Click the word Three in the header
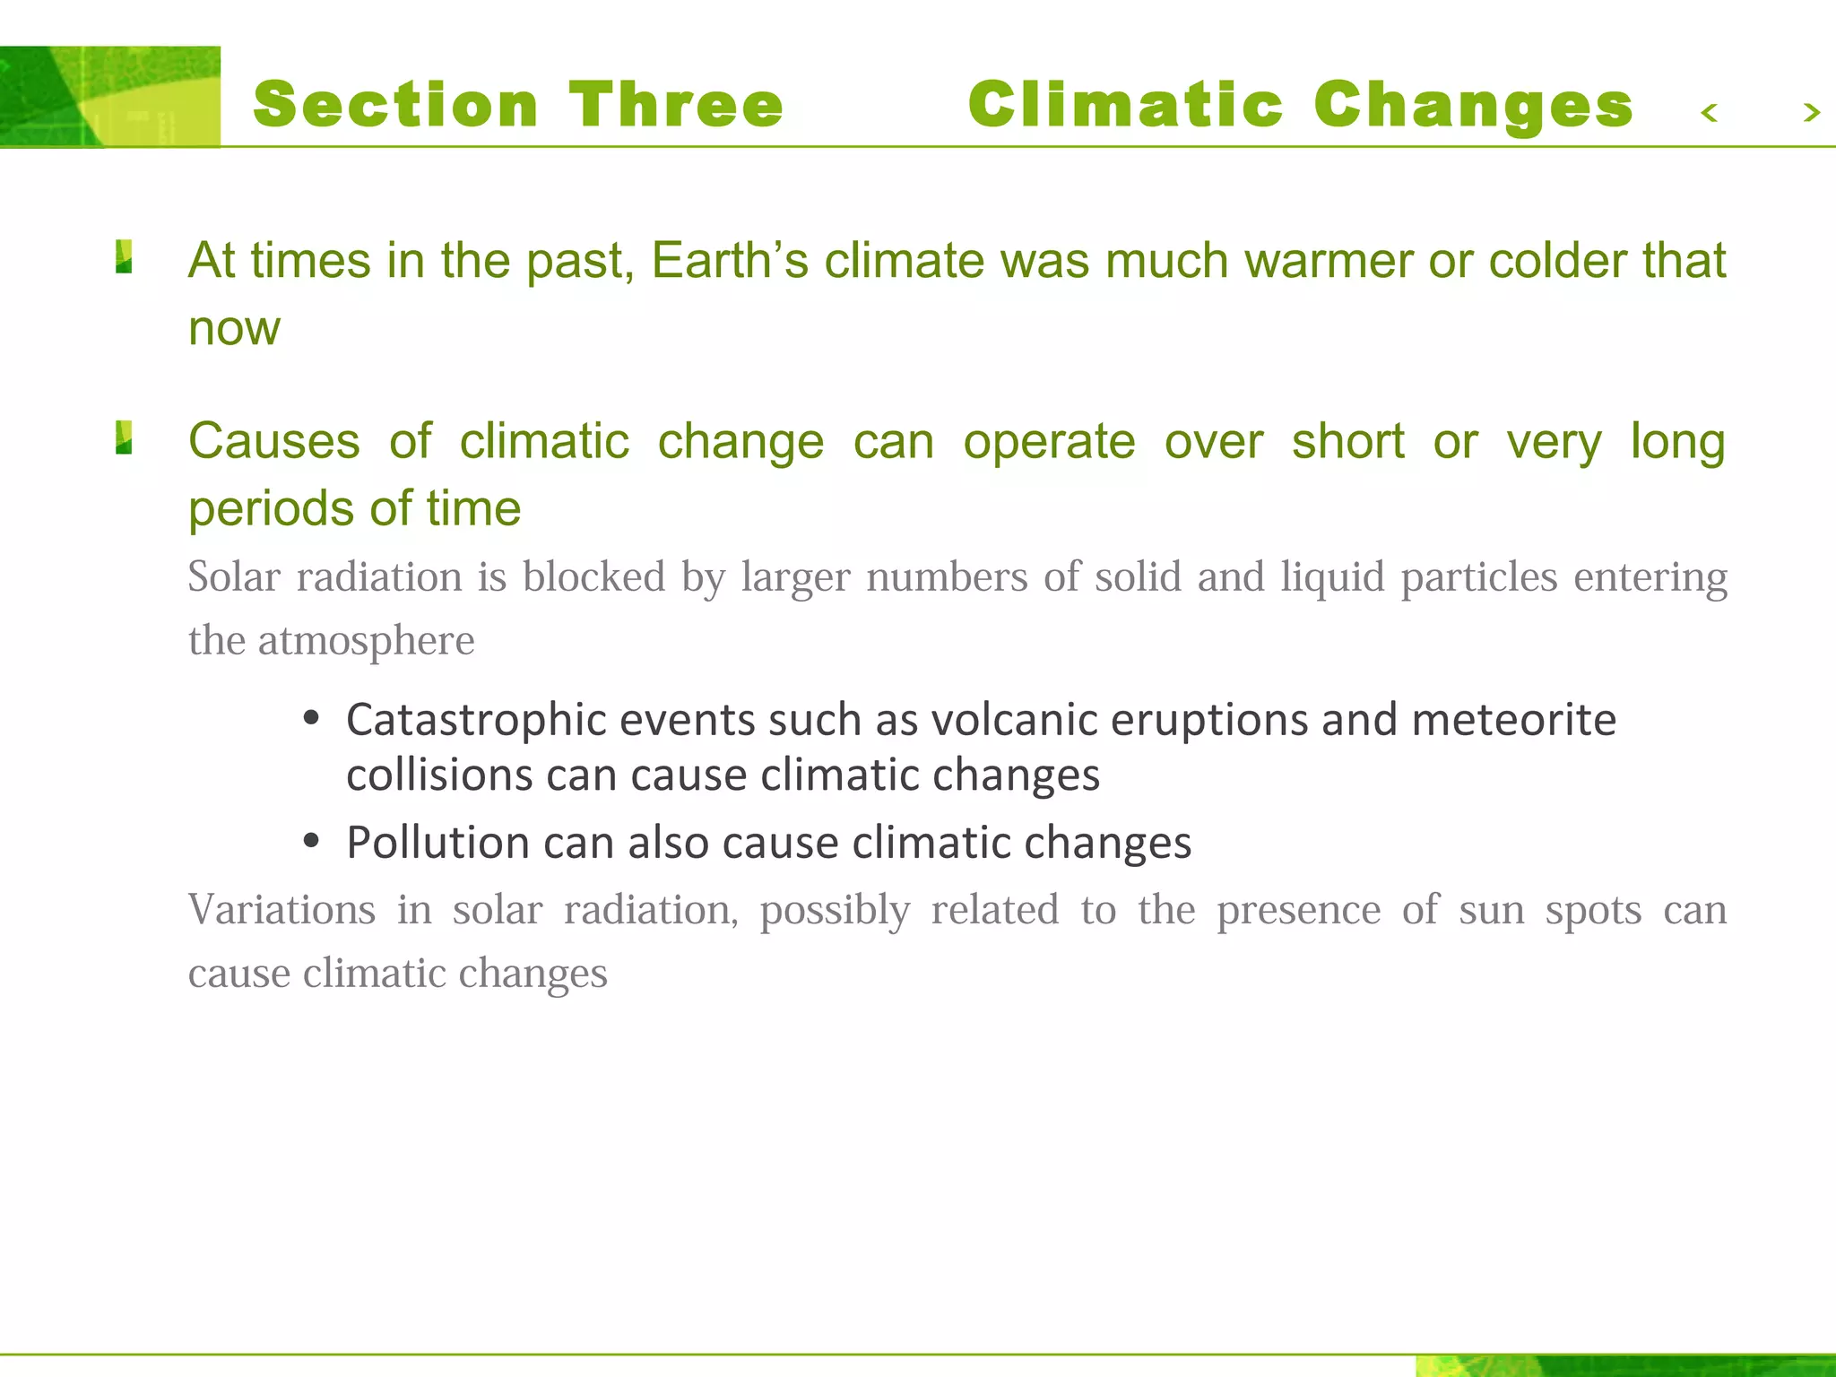(x=676, y=105)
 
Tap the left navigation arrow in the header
(x=1709, y=113)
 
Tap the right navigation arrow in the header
(x=1811, y=113)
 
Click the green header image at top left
(x=109, y=96)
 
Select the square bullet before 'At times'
(x=125, y=257)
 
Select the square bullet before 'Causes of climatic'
(x=125, y=438)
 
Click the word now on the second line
(x=234, y=329)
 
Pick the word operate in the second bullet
(x=1049, y=442)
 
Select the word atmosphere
(x=366, y=641)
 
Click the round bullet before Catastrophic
(x=311, y=718)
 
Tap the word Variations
(x=281, y=910)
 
